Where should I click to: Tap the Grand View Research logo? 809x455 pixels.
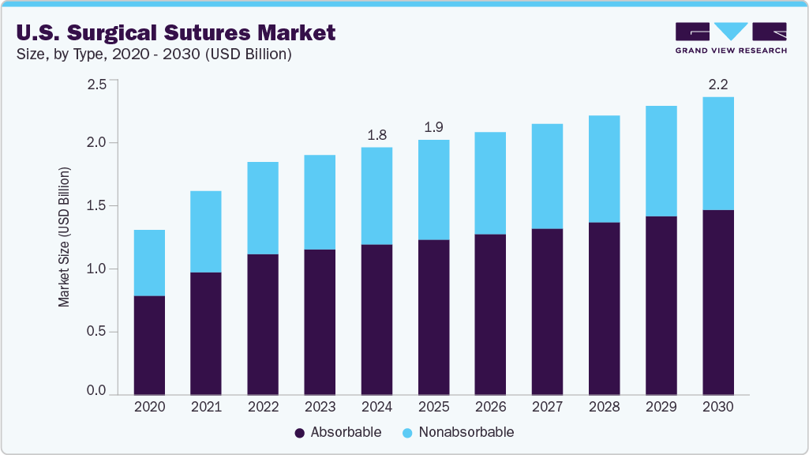(731, 37)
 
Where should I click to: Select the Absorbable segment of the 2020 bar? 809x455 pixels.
(149, 345)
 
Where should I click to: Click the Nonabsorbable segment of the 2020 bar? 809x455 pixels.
(149, 263)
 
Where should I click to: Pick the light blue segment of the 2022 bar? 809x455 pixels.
(263, 208)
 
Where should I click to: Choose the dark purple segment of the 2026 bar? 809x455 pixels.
(490, 314)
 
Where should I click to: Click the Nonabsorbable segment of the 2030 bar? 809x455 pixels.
(717, 153)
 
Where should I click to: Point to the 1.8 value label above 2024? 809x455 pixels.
(376, 135)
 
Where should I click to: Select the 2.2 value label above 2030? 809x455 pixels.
(717, 85)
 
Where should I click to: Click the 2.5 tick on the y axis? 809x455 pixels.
(96, 85)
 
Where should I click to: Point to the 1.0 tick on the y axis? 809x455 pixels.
(96, 269)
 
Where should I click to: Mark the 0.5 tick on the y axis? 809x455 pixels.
(96, 331)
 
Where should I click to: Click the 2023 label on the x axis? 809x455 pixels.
(320, 407)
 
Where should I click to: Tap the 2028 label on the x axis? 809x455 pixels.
(604, 407)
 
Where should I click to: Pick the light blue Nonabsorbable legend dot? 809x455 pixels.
(407, 433)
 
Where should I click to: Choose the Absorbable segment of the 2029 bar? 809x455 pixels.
(661, 305)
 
